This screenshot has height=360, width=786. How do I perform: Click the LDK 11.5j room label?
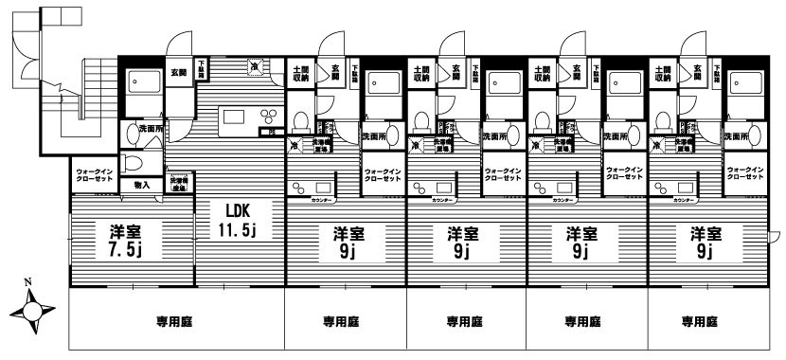tap(236, 219)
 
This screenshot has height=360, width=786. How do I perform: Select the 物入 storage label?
tap(142, 185)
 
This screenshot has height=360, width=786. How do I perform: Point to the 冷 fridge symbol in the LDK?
tap(254, 65)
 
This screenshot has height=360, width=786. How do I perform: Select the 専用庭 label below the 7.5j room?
tap(176, 321)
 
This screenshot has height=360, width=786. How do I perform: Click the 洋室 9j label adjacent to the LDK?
tap(344, 242)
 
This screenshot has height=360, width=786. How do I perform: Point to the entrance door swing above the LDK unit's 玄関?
tap(176, 45)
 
